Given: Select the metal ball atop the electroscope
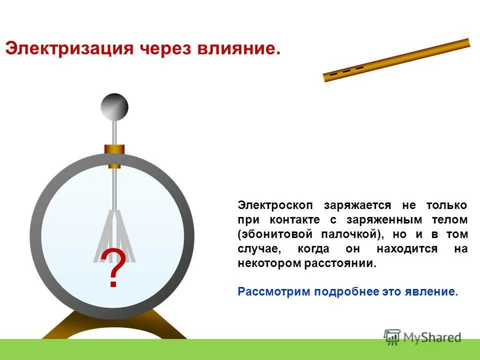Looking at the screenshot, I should click(x=114, y=106).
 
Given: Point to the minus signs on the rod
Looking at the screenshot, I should click(x=346, y=70).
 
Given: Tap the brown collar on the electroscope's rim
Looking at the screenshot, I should click(x=114, y=149).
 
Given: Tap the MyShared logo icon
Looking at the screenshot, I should click(x=392, y=337).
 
